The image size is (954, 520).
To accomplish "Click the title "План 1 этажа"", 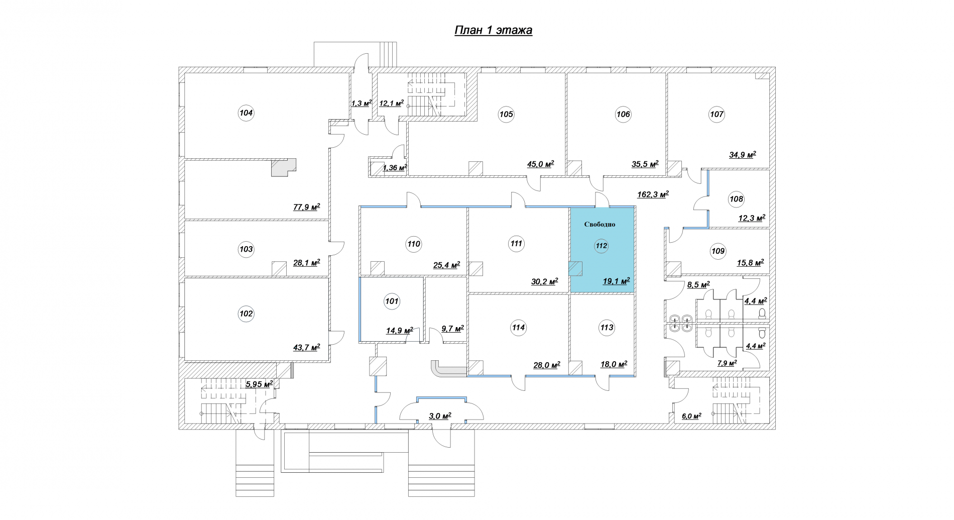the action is pos(493,31).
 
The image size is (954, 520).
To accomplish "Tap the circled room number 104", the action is pos(246,113).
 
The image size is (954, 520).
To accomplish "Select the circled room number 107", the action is pos(717,114).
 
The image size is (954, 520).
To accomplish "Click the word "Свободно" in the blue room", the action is pos(600,225).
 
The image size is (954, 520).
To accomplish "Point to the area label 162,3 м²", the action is pos(653,194).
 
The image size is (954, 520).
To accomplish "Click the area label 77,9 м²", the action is pos(307,206).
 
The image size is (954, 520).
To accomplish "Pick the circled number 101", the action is pos(392,301).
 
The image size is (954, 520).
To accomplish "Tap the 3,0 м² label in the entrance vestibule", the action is pos(440,415).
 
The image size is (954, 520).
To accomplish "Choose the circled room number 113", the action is pos(607,328).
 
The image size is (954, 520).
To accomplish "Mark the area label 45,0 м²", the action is pos(540,164).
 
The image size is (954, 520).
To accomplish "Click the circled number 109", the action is pos(718,251).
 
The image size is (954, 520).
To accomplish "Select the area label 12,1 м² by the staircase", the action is pos(392,103).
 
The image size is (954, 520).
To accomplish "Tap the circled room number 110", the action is pos(414,244).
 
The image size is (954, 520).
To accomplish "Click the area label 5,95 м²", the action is pos(259,384).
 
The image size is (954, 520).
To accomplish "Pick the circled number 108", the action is pos(736,199).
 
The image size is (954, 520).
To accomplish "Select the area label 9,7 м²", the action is pos(452,329).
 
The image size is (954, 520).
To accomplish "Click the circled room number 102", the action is pos(247,314).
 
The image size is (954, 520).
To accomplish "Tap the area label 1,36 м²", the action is pos(395,168).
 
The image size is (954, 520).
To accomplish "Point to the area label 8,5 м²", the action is pos(698,285).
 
